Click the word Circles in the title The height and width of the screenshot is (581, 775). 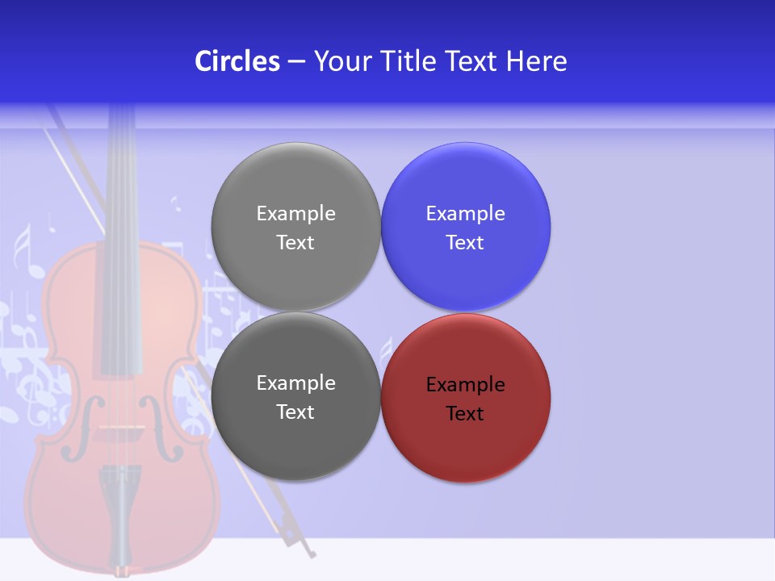[x=237, y=61]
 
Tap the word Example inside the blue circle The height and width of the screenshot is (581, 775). [x=465, y=214]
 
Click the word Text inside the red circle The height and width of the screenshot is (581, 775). [x=465, y=414]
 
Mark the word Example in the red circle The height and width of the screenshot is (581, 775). [x=465, y=385]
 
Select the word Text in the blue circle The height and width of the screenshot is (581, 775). [x=465, y=243]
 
